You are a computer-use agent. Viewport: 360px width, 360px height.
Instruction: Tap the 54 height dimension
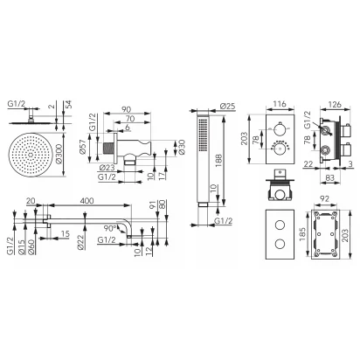point(69,105)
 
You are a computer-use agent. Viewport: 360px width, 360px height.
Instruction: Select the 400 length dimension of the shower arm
point(87,201)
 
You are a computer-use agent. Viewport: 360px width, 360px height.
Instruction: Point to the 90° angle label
point(110,228)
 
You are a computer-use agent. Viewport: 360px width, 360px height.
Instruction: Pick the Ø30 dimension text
point(182,148)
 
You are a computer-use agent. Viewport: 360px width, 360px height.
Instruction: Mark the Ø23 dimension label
point(107,168)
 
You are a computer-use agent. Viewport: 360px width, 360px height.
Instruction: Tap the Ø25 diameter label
point(227,106)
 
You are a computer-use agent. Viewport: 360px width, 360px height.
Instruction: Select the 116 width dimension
point(280,104)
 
